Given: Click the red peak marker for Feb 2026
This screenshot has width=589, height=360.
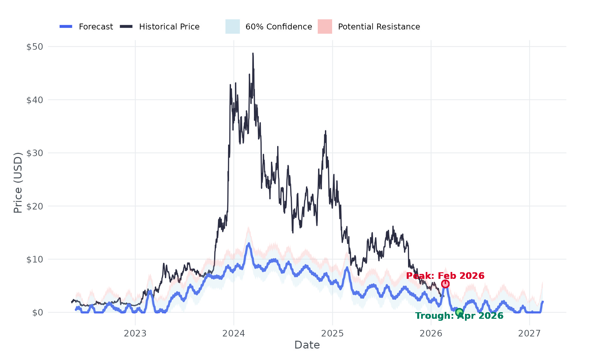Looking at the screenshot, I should (445, 284).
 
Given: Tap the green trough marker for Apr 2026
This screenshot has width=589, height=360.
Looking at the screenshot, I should (459, 312).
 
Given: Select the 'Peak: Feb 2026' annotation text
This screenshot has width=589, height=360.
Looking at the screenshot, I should (445, 276).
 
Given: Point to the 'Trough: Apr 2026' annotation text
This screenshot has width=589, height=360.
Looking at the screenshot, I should (459, 316).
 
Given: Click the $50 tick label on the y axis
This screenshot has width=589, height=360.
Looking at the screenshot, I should (35, 46).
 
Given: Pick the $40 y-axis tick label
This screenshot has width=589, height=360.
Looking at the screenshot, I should (35, 100).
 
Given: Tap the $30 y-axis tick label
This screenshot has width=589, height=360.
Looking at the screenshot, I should (35, 153).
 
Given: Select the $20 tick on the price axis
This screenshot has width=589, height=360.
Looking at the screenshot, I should (35, 206).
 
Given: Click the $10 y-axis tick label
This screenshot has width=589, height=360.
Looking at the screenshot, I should (35, 259).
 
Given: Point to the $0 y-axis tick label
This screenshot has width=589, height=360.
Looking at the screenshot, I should (38, 313).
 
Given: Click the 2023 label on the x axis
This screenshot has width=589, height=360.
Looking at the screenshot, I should (135, 333).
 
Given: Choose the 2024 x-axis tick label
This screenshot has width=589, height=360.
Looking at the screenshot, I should (234, 333).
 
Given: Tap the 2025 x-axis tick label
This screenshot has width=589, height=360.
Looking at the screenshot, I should (332, 333).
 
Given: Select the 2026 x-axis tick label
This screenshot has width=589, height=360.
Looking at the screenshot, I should (431, 333).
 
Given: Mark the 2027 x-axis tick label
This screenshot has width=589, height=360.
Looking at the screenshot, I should (529, 333).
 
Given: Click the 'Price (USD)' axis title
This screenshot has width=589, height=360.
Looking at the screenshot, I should (18, 182).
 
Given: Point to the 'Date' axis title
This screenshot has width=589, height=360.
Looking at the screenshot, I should (307, 345).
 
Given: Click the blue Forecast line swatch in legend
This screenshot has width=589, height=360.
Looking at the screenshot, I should (66, 27).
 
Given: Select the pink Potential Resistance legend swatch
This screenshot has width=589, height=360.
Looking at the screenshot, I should (325, 27).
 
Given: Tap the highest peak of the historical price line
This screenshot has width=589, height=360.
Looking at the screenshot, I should (253, 53).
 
